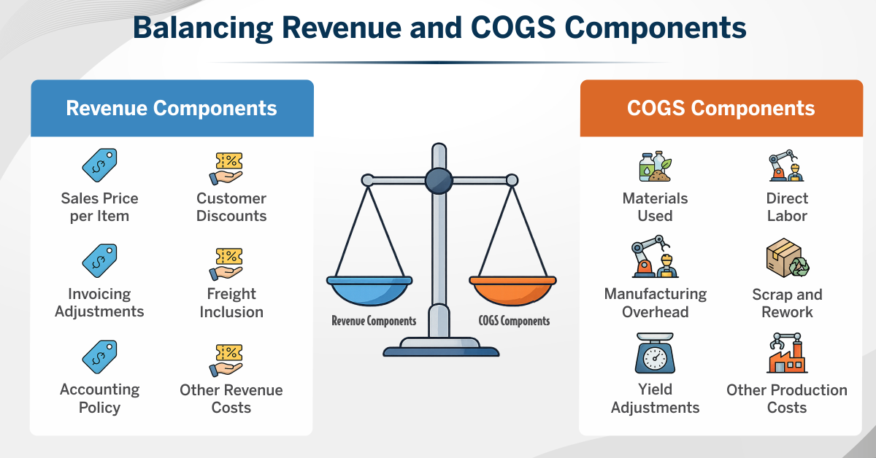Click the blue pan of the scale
pos(369,290)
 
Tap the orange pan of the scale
pos(512,290)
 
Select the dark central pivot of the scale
pos(439,181)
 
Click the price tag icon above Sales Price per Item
pos(100,165)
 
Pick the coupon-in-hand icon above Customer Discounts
pos(226,168)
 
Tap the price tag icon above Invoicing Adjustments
pos(100,260)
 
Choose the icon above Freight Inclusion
pos(226,264)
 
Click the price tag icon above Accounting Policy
pos(100,357)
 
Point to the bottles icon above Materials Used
pos(656,166)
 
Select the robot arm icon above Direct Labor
pos(786,166)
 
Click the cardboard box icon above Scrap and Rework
pos(788,258)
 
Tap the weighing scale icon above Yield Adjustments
pos(655,353)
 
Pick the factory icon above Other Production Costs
pos(787,353)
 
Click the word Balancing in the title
pos(203,28)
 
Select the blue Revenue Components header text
pos(172,108)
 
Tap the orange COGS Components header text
pos(721,108)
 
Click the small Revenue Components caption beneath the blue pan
pos(374,321)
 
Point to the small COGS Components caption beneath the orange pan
pos(514,321)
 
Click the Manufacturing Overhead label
pos(656,303)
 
